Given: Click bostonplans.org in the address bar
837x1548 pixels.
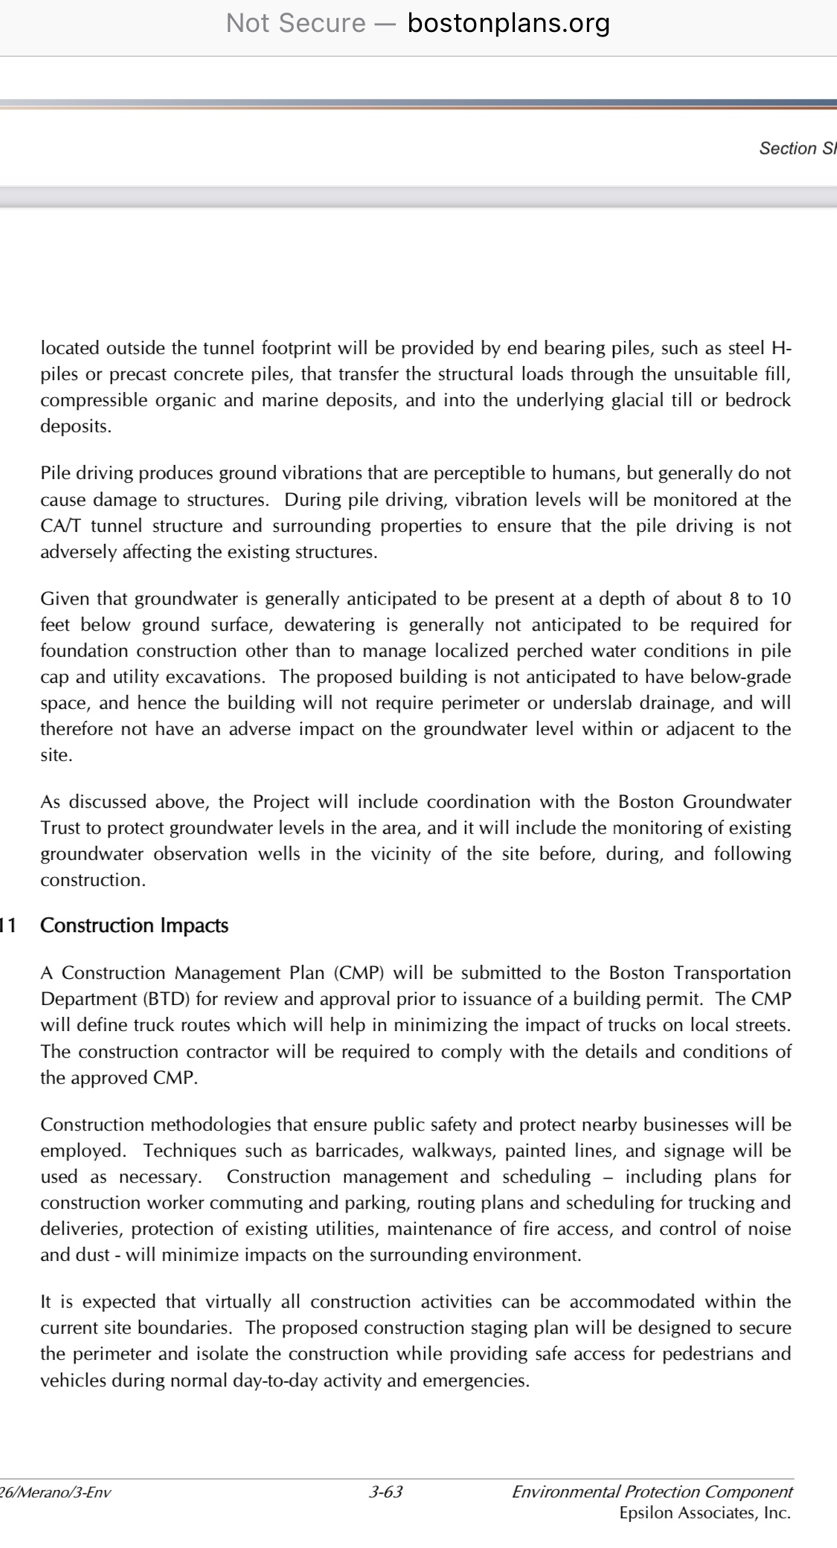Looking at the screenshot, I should coord(509,24).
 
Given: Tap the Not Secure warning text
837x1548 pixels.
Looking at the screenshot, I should coord(295,24).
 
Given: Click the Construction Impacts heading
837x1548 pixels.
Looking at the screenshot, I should coord(134,925).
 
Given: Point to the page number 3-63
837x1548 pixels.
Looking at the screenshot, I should coord(385,1491).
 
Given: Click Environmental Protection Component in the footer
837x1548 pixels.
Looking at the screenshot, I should coord(652,1491).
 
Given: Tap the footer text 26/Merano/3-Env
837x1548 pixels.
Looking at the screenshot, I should coord(56,1491).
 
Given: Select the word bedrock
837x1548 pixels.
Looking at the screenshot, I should coord(758,400).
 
